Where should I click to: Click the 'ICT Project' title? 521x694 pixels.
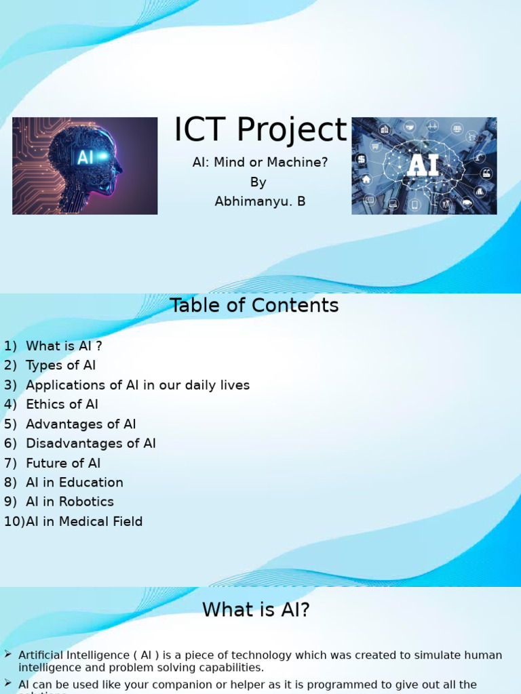point(260,130)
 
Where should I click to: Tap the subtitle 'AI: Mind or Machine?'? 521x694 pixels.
point(260,163)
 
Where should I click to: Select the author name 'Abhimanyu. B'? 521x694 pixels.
point(260,201)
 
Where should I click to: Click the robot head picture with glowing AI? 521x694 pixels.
point(85,165)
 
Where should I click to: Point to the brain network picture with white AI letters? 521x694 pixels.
point(424,165)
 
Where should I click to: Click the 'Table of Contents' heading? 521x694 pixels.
point(254,306)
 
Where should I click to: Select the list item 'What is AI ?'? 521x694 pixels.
point(64,346)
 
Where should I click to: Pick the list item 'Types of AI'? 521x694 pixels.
point(60,365)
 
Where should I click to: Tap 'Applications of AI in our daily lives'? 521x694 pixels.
point(138,385)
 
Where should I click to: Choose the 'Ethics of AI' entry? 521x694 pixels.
point(62,405)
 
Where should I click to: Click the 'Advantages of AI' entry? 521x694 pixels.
point(81,424)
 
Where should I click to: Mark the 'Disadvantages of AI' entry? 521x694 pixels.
point(91,444)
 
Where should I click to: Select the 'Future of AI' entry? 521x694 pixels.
point(63,464)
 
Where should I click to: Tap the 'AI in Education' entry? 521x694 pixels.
point(75,483)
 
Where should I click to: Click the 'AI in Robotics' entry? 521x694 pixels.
point(70,502)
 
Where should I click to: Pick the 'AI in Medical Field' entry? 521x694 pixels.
point(84,522)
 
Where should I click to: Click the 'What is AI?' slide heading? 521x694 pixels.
point(256,610)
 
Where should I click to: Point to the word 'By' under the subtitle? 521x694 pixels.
point(258,182)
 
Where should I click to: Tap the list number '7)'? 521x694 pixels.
point(10,464)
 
